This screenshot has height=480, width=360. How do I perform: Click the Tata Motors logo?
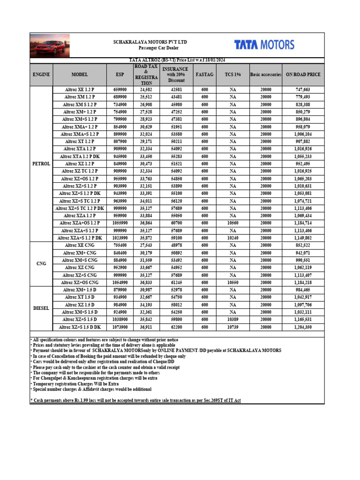[264, 45]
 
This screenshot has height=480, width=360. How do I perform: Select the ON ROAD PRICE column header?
[303, 75]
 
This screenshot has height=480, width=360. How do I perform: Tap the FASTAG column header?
[204, 75]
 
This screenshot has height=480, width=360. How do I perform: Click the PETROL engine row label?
[41, 164]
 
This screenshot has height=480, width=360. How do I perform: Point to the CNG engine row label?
[41, 264]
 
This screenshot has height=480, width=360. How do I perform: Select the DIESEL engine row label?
[41, 308]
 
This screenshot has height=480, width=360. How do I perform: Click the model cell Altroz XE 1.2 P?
[80, 90]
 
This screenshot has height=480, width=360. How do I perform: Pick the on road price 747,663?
[303, 90]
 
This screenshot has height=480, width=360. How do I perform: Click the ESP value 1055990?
[120, 223]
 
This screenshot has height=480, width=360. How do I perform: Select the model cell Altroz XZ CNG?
[80, 268]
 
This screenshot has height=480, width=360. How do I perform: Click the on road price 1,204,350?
[303, 327]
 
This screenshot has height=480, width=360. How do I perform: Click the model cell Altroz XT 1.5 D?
[80, 298]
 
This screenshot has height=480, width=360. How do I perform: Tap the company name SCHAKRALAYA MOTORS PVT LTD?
[150, 42]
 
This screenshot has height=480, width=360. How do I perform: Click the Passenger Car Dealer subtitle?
[150, 48]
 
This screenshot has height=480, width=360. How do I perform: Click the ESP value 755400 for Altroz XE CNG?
[120, 245]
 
